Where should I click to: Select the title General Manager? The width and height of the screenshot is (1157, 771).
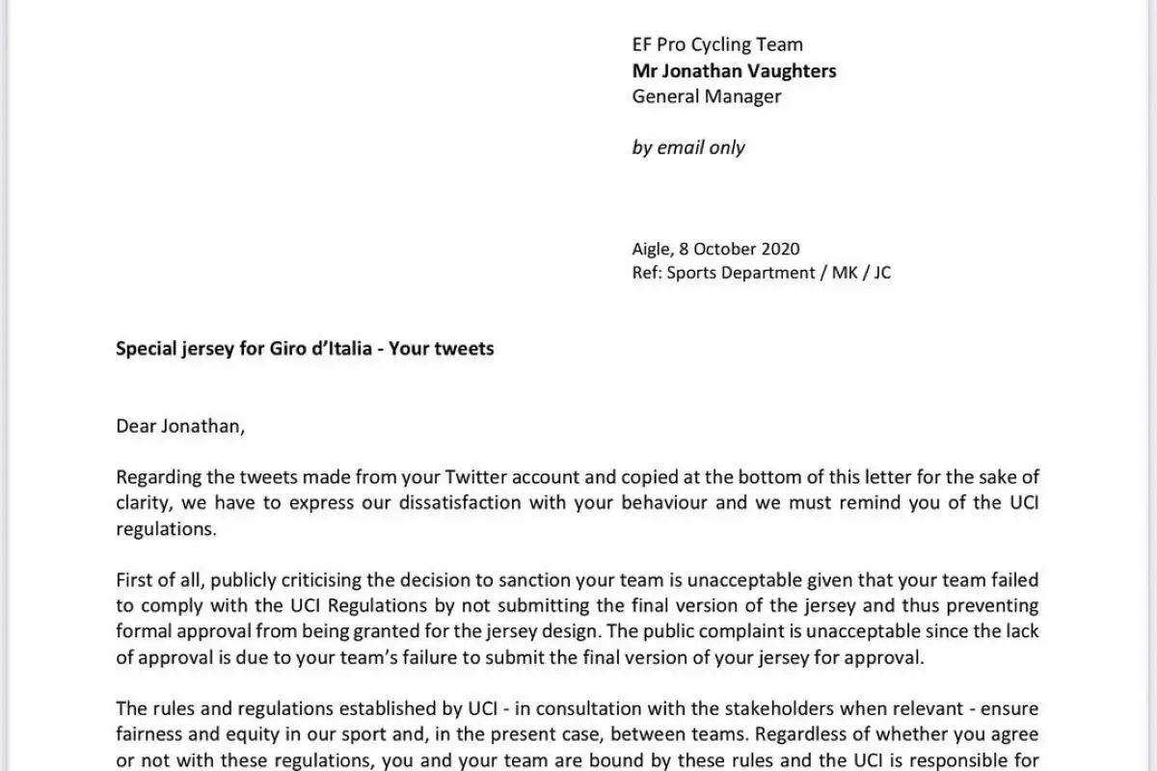(x=707, y=96)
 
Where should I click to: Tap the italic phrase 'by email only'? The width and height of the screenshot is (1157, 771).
(x=688, y=147)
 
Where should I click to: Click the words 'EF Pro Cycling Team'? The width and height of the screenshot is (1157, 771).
(x=717, y=44)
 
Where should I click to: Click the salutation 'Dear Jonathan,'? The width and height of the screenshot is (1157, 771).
(x=180, y=425)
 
